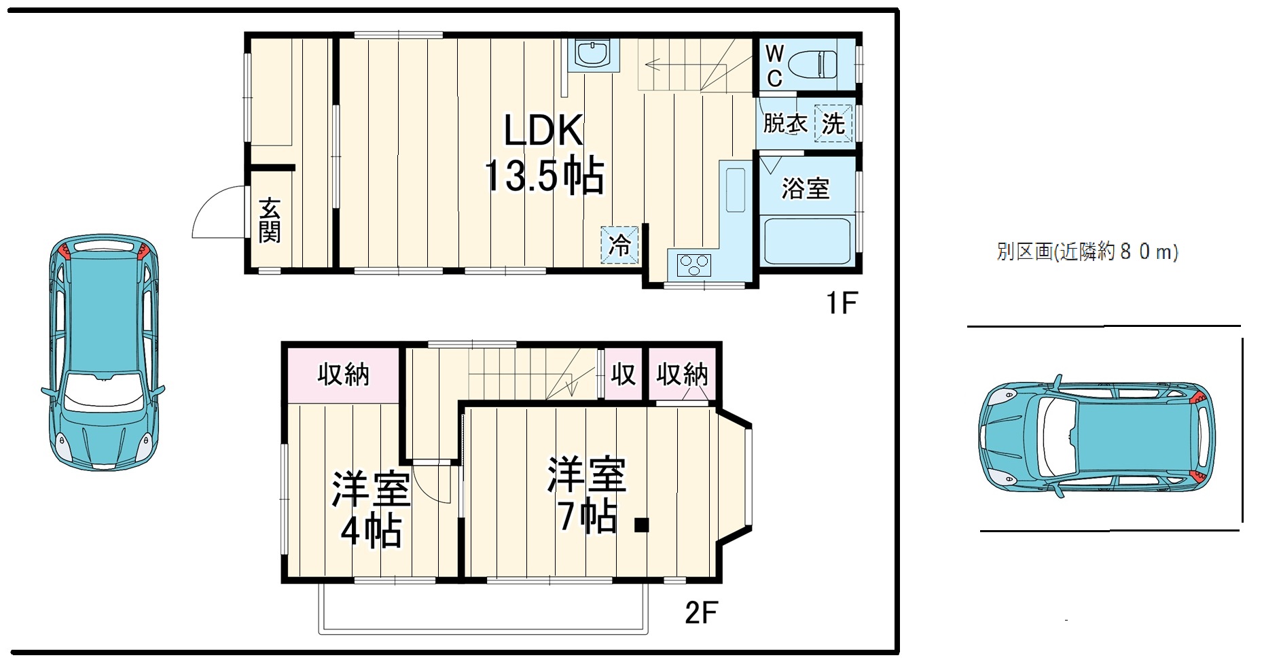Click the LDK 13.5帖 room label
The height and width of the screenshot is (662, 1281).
543,154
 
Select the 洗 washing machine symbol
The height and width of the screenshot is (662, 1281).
833,123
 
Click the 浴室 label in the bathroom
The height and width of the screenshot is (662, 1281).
805,188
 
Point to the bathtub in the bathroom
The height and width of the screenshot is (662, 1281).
807,241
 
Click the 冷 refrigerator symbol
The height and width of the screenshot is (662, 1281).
619,244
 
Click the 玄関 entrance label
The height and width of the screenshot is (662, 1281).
270,220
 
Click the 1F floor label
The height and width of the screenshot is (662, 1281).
842,303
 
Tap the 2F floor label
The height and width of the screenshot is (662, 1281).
701,613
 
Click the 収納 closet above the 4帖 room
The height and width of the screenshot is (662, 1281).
343,374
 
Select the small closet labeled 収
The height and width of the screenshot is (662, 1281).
622,374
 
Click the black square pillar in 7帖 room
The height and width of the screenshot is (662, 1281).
641,525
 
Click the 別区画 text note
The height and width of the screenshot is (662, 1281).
1087,252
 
